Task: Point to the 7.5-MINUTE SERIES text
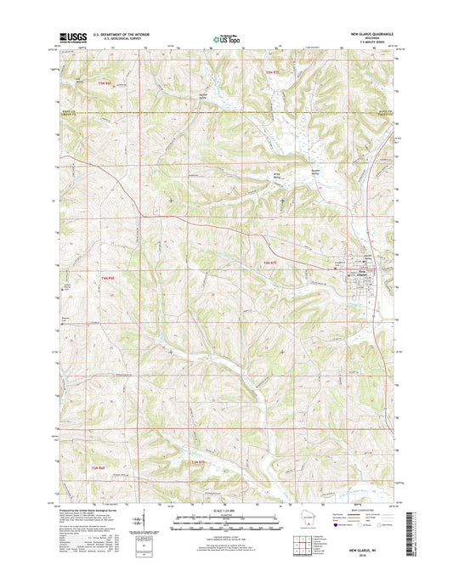tap(374, 42)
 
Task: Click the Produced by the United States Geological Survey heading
tap(85, 512)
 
